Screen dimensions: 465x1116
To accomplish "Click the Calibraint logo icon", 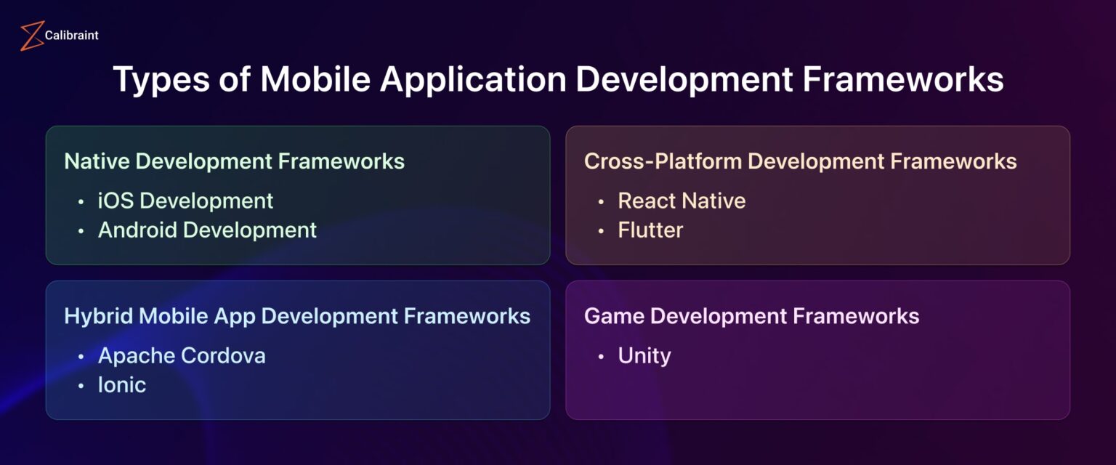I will (32, 36).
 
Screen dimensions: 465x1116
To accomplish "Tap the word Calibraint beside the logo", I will (71, 35).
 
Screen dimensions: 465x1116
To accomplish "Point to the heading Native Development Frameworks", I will (234, 161).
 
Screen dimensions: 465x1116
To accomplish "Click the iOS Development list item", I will (185, 201).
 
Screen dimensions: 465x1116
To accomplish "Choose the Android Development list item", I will (207, 230).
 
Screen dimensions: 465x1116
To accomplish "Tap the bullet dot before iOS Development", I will (81, 201).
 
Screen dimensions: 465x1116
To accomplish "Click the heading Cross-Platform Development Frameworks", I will (800, 161).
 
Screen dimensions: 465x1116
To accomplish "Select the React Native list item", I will (682, 201).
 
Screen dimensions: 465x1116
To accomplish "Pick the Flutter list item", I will (650, 230).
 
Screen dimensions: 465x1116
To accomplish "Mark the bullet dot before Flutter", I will (601, 231).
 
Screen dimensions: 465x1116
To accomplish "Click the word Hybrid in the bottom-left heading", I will (100, 316).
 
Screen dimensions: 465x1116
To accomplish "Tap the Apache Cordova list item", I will (182, 356).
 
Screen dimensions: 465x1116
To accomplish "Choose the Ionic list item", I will (122, 385).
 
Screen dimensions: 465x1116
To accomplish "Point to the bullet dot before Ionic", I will (81, 386).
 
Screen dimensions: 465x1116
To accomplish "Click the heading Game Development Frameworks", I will (751, 316).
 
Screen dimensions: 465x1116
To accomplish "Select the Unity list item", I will (644, 356).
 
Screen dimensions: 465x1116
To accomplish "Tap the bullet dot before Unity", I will (601, 357).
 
